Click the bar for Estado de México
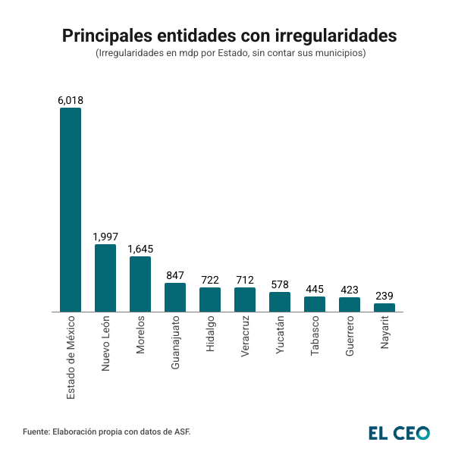(71, 209)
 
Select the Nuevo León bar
(105, 278)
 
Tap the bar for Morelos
(140, 284)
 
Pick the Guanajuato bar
(175, 297)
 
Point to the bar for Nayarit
(384, 307)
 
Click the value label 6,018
(71, 100)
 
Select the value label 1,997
(105, 237)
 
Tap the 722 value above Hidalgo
(210, 280)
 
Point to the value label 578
(280, 284)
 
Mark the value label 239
(384, 296)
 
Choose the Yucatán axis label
(280, 335)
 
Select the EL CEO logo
(399, 432)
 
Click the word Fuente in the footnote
(36, 431)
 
